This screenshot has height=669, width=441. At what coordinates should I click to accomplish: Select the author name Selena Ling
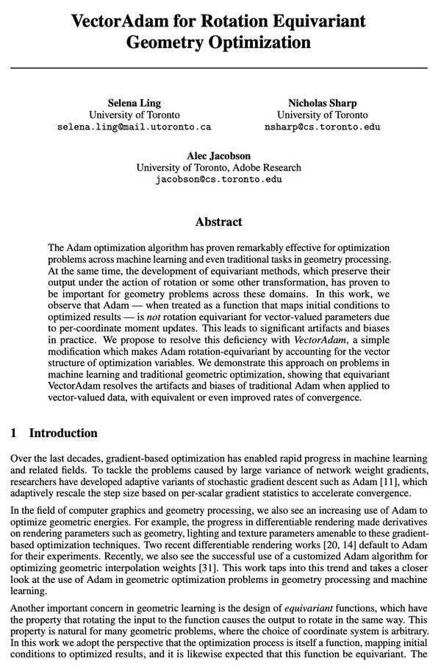tap(134, 102)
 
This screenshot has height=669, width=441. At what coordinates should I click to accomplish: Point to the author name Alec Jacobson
tap(218, 155)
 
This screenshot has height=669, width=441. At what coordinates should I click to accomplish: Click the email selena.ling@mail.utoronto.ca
tap(134, 127)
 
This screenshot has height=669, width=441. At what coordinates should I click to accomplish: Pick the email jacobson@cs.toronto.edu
tap(218, 179)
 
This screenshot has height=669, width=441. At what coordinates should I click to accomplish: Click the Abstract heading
tap(218, 222)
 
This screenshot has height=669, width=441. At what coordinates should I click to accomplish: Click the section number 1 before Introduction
tap(14, 433)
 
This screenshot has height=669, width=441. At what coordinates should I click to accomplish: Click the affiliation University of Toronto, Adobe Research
tap(218, 167)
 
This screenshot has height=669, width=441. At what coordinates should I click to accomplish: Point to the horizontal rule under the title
tap(218, 68)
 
